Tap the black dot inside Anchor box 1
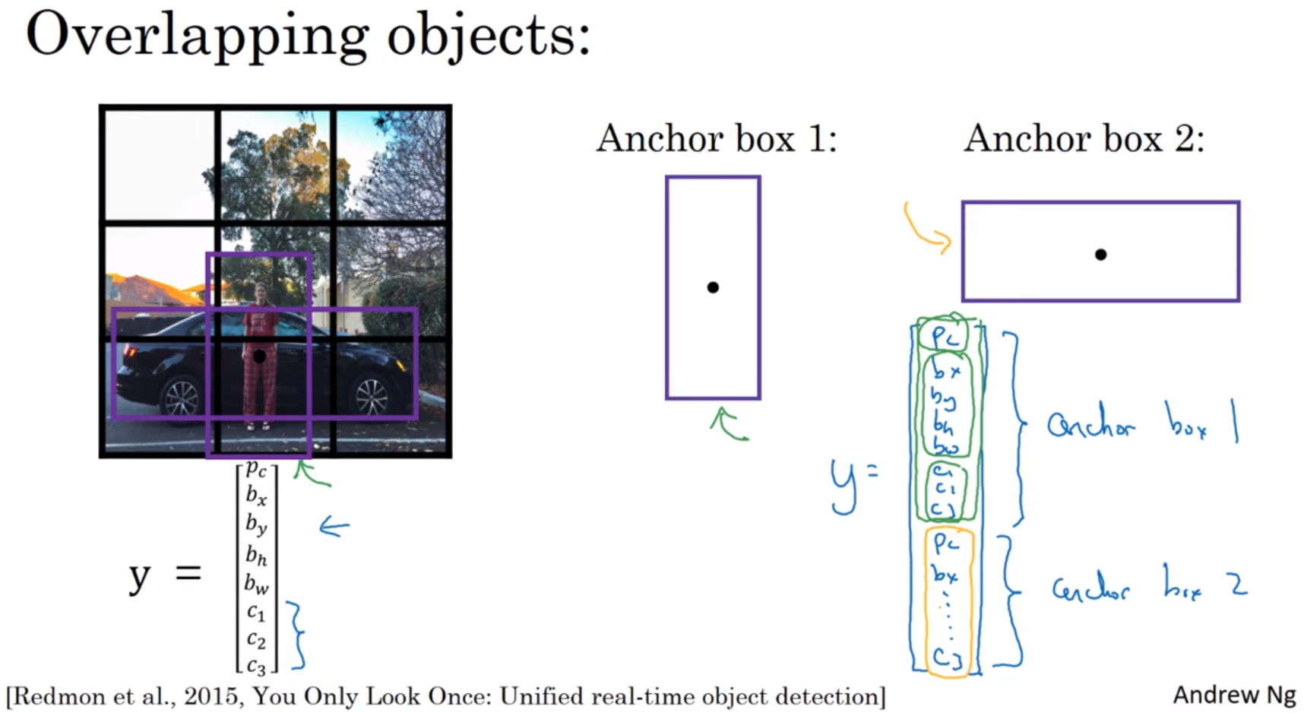(x=713, y=287)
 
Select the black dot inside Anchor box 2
(x=1100, y=255)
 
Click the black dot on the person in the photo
(x=259, y=356)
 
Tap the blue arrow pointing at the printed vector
(x=334, y=526)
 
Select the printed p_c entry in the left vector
(x=256, y=468)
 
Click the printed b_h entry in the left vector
(x=256, y=556)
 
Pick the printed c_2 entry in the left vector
(x=256, y=640)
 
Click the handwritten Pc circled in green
(x=943, y=336)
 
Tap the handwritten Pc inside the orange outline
(x=946, y=543)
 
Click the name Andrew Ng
(x=1233, y=695)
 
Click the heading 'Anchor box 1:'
(x=716, y=139)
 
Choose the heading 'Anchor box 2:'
(x=1084, y=139)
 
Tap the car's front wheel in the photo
(x=372, y=397)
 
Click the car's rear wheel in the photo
(x=181, y=397)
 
